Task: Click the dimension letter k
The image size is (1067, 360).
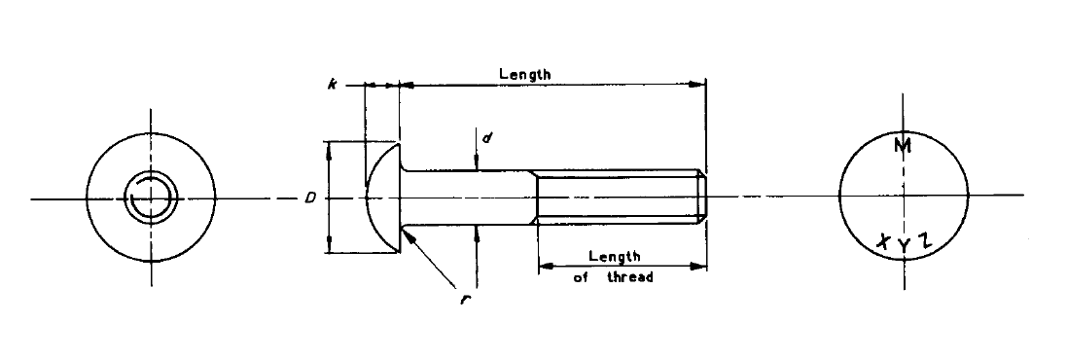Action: [333, 86]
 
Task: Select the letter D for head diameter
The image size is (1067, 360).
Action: [309, 198]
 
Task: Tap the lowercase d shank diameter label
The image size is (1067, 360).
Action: [487, 138]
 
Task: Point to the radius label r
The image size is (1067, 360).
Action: [466, 298]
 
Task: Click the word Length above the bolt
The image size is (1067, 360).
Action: [525, 74]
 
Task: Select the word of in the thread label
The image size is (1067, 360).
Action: [582, 277]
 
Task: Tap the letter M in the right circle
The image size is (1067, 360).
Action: [903, 147]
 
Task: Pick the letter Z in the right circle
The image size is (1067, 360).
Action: [926, 240]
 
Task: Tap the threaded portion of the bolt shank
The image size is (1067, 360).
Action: [618, 198]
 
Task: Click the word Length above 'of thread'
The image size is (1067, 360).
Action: [615, 257]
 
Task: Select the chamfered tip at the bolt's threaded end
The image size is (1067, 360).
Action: [702, 198]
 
